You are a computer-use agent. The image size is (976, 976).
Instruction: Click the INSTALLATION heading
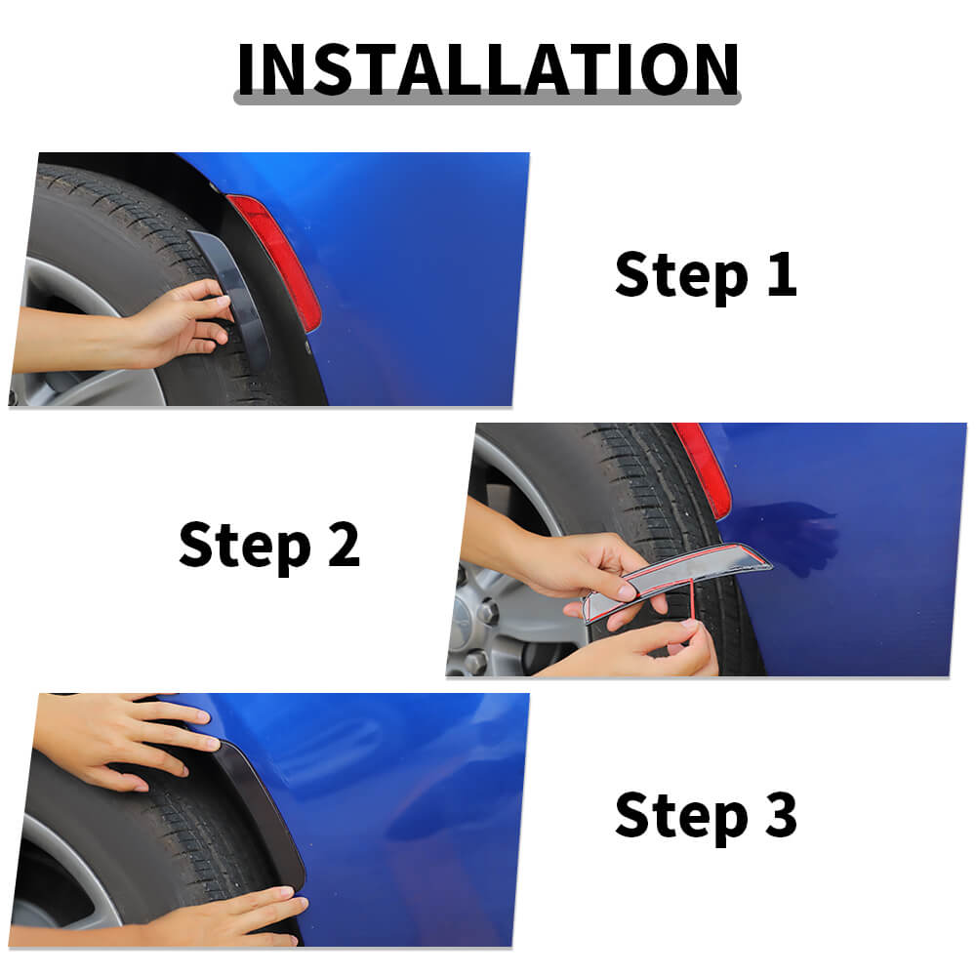[x=488, y=68]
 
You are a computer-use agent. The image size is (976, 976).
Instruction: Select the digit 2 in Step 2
[x=344, y=544]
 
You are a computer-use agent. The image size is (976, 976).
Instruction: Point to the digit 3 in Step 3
[x=781, y=814]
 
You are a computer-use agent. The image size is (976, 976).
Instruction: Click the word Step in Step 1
[x=681, y=277]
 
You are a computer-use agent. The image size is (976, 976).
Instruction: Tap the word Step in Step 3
[x=681, y=817]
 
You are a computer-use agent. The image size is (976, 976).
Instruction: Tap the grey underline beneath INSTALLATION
[x=487, y=98]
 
